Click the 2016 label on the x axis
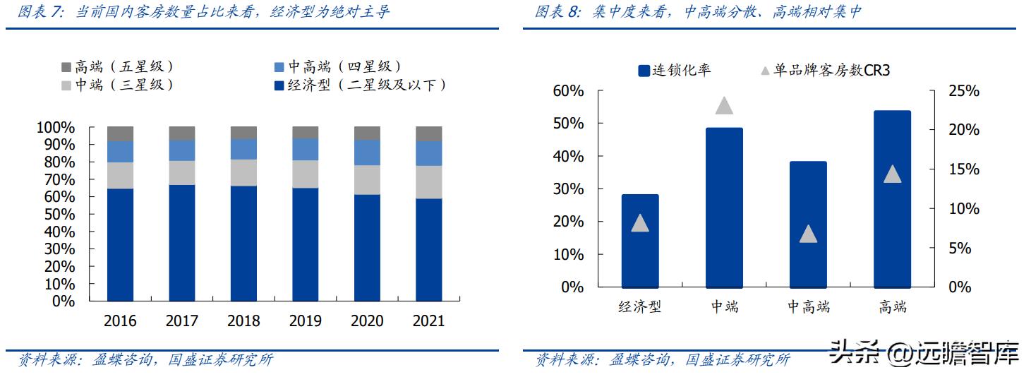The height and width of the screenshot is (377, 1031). [x=120, y=321]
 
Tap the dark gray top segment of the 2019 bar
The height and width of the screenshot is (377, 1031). [x=305, y=133]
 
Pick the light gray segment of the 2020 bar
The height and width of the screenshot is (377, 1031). [x=367, y=180]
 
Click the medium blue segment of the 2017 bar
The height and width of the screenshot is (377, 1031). [x=182, y=150]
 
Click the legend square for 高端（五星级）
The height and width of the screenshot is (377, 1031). [x=66, y=68]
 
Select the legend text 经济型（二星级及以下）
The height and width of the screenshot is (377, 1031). [x=366, y=85]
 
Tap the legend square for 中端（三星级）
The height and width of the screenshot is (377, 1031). [x=66, y=85]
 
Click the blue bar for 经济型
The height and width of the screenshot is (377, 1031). [x=640, y=241]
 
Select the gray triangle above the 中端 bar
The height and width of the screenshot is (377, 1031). [x=724, y=106]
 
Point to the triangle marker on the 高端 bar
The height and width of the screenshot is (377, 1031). [x=892, y=174]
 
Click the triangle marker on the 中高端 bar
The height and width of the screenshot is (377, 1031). [x=808, y=234]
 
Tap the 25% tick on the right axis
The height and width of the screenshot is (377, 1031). [x=963, y=91]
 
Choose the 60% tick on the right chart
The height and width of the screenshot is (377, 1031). [x=569, y=91]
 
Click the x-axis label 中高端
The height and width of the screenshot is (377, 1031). [x=809, y=306]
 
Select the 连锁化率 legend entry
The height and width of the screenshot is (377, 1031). [x=674, y=70]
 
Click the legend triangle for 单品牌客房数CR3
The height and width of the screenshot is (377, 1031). [x=766, y=71]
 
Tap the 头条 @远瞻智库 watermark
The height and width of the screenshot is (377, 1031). [x=924, y=352]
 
